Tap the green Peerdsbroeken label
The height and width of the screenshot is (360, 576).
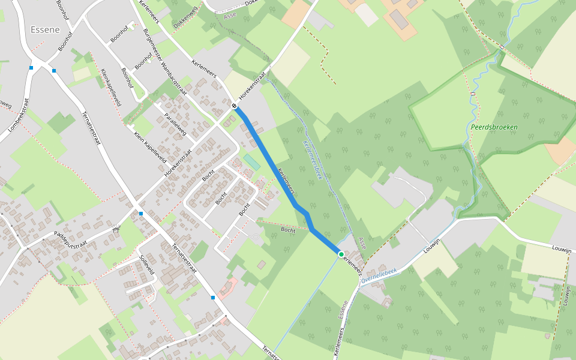tap(494, 127)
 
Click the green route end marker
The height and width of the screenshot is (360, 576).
tap(341, 254)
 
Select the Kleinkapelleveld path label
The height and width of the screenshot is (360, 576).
tap(111, 88)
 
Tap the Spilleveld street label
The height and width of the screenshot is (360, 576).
tap(147, 264)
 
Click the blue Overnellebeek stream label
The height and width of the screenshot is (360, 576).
tap(379, 275)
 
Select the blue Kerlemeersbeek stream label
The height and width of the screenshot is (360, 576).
tap(313, 160)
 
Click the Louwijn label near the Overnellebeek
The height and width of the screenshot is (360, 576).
tap(432, 245)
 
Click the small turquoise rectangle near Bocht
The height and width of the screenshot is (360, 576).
tap(251, 161)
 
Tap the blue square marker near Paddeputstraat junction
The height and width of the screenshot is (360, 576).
tap(140, 214)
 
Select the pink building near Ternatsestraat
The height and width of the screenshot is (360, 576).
tap(227, 289)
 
